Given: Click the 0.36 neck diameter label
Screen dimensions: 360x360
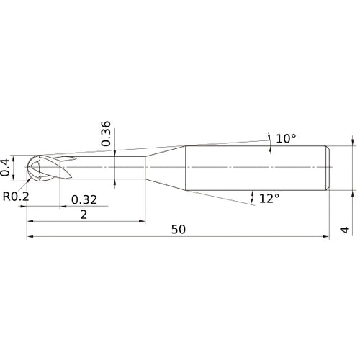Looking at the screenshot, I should [x=107, y=133].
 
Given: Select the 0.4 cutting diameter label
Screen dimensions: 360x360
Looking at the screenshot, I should [x=7, y=166].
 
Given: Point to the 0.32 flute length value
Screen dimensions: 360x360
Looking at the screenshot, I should [x=84, y=199].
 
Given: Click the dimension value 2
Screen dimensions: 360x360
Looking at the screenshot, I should [x=84, y=215].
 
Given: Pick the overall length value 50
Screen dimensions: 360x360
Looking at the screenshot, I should [x=179, y=230].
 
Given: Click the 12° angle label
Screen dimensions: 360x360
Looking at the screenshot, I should [x=269, y=198].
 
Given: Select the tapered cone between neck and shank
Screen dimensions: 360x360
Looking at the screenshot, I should [x=166, y=167].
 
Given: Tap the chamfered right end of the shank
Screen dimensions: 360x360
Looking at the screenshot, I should [x=328, y=167].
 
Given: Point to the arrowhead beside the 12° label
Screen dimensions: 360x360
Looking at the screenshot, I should [x=252, y=194].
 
